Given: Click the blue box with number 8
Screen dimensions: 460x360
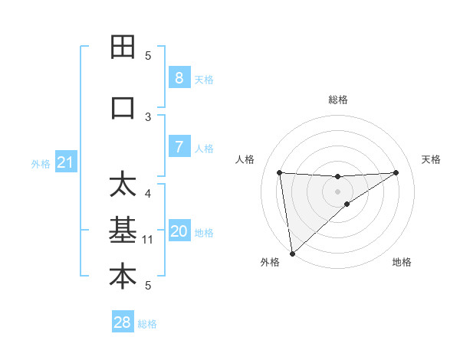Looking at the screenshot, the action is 179,78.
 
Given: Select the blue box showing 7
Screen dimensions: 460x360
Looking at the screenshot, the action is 179,147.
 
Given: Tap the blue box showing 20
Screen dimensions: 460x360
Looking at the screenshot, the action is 179,231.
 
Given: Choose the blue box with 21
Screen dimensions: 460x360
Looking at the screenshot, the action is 65,162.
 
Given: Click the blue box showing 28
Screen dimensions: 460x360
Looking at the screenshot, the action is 123,322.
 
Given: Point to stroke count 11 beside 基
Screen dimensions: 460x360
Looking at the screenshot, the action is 148,240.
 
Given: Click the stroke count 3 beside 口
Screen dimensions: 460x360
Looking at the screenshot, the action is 148,117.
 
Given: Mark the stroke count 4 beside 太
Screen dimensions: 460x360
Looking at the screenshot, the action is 148,193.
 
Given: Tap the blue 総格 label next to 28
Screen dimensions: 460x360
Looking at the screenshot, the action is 147,324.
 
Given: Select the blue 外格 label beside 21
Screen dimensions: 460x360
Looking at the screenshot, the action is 40,164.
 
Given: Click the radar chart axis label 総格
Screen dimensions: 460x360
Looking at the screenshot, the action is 338,100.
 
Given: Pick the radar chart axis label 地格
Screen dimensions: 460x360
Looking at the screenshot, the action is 402,262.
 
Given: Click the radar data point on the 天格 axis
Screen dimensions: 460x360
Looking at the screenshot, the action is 396,172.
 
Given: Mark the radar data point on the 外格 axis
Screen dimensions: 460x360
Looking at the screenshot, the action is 291,253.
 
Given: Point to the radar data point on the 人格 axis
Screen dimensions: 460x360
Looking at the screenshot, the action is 280,172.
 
